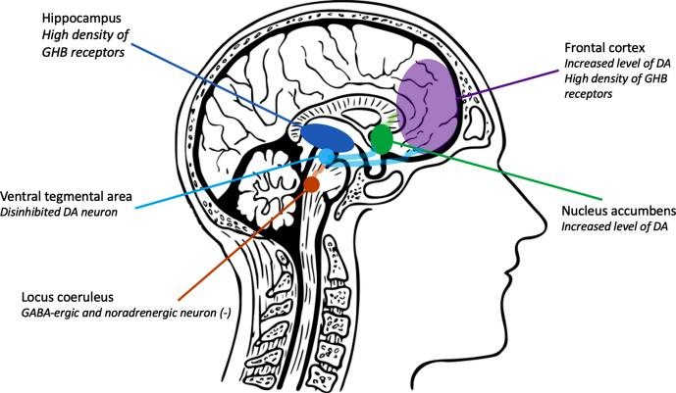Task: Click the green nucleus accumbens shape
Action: pos(381,140)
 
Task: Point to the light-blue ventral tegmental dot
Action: pos(326,157)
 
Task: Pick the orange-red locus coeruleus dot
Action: pos(311,183)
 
